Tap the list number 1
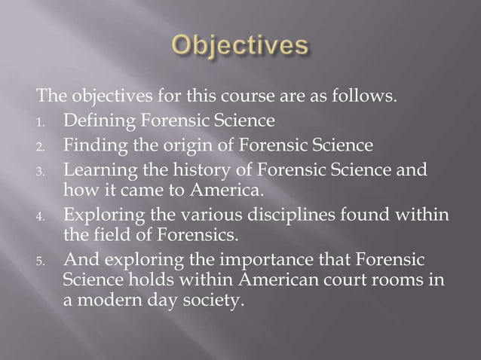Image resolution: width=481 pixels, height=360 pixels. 44,120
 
